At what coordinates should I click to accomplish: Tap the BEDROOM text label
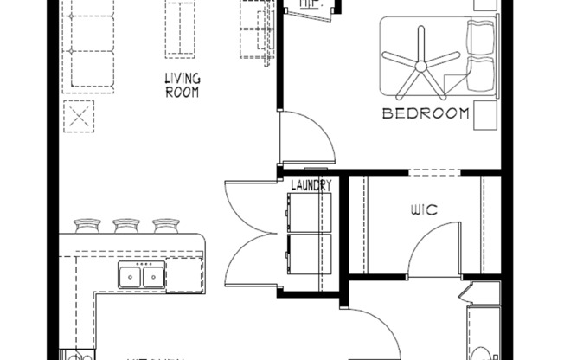426,113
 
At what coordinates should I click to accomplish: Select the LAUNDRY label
310,185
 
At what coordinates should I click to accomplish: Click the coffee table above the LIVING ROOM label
181,29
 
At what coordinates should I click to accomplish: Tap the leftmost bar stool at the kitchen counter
87,227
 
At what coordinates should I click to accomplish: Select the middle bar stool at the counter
126,227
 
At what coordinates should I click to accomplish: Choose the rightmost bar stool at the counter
166,227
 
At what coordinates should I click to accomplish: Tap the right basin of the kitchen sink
153,277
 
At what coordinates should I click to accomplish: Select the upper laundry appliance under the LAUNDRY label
308,212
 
